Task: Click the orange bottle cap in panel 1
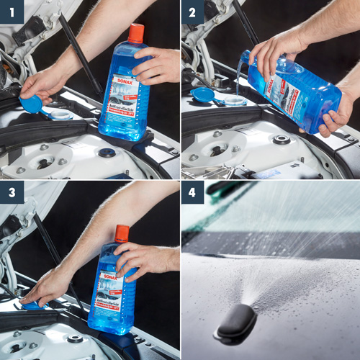(135, 32)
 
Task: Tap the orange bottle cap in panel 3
(122, 233)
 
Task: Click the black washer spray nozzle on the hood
(235, 325)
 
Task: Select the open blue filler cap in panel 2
(203, 94)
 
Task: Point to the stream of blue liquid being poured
(238, 79)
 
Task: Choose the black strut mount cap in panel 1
(107, 153)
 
